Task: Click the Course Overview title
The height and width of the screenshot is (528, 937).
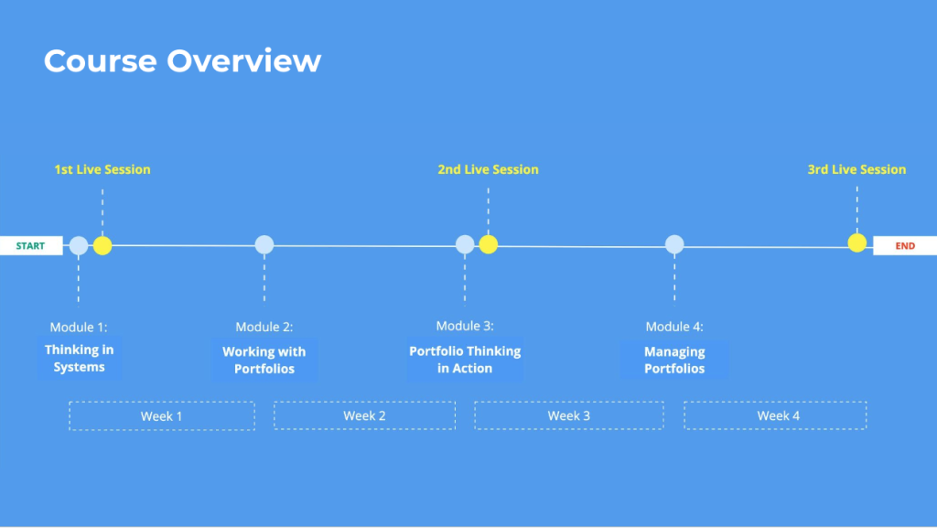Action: point(182,61)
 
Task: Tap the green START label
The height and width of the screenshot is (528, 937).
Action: point(30,246)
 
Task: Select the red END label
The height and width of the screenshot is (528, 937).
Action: point(905,246)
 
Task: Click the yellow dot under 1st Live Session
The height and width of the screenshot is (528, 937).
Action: point(102,245)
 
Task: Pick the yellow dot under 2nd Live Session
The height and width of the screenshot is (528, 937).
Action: point(489,244)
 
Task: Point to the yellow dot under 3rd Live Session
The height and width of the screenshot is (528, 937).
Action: point(856,242)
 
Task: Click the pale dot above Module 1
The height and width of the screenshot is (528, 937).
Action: point(79,245)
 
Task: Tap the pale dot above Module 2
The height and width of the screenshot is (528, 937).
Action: point(264,244)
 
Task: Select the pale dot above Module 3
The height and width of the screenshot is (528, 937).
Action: point(465,244)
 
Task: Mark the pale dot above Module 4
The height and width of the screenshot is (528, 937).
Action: point(674,243)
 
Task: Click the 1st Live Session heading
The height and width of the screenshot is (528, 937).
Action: point(102,169)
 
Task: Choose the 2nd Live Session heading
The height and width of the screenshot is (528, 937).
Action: point(489,169)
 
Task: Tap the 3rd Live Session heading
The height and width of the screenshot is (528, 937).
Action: point(856,169)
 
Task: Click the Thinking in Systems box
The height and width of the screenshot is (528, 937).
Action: point(79,359)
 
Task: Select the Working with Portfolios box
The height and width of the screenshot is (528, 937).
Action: point(264,361)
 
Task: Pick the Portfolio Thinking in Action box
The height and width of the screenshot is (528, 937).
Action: point(465,360)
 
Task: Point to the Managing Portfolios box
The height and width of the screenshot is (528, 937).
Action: point(674,361)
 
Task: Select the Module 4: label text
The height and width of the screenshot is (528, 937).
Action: point(674,327)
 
